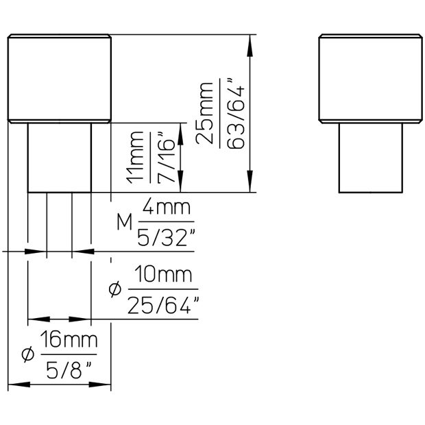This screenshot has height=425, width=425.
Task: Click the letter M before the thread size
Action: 125,222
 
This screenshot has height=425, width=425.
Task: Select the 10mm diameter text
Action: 162,276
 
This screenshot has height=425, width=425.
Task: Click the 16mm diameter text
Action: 69,339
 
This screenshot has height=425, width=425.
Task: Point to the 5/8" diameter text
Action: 69,370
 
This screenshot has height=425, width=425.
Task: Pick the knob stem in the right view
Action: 371,158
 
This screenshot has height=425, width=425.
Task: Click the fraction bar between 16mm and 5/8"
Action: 69,354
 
